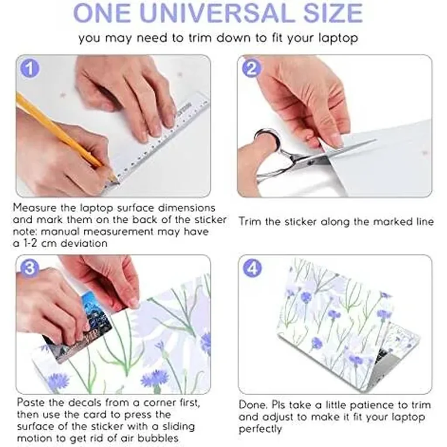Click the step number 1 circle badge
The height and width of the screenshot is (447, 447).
point(30,69)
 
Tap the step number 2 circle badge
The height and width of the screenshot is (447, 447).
point(251,69)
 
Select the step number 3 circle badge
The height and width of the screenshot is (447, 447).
point(30,268)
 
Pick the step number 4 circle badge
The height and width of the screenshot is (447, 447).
point(252,268)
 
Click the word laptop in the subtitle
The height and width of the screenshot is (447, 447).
point(338,38)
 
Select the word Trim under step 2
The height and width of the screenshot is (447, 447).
point(250,221)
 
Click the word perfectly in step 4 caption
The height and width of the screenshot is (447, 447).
point(260,429)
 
